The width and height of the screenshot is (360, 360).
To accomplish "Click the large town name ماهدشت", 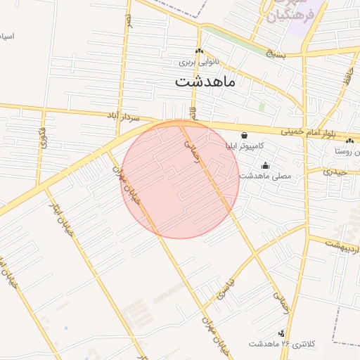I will (207, 82).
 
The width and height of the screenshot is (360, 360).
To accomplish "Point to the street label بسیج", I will (276, 53).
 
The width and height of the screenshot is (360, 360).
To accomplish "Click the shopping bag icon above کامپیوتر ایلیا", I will (244, 135).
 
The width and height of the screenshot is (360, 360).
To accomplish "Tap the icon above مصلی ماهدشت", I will (265, 166).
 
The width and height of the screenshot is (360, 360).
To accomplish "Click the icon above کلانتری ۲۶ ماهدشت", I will (281, 333).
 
